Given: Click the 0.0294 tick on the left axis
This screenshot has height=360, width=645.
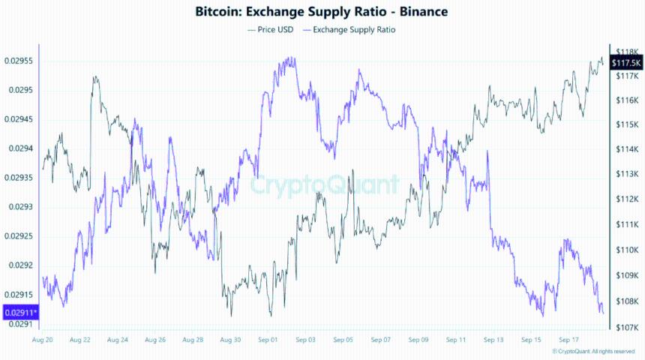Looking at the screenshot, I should [20, 148].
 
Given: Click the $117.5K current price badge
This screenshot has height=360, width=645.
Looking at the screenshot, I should [626, 62].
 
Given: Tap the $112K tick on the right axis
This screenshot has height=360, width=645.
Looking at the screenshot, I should [625, 199].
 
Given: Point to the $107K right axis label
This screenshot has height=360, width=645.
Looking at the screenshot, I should [625, 328].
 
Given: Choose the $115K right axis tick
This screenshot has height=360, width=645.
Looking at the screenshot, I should [625, 124].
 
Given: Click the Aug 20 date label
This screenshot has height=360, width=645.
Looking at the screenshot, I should [42, 340].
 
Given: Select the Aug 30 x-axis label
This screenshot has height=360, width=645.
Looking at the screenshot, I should [230, 340].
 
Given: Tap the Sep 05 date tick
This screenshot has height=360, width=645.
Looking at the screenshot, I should [343, 340].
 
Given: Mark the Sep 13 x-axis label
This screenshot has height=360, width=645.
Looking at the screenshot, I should [493, 340].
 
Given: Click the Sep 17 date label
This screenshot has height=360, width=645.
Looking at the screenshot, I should [568, 340].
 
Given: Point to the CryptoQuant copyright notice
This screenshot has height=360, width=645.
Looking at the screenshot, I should [593, 351].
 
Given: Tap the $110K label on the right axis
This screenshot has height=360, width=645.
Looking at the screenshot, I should [625, 250].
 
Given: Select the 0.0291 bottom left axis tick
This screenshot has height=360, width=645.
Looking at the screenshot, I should [20, 324].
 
